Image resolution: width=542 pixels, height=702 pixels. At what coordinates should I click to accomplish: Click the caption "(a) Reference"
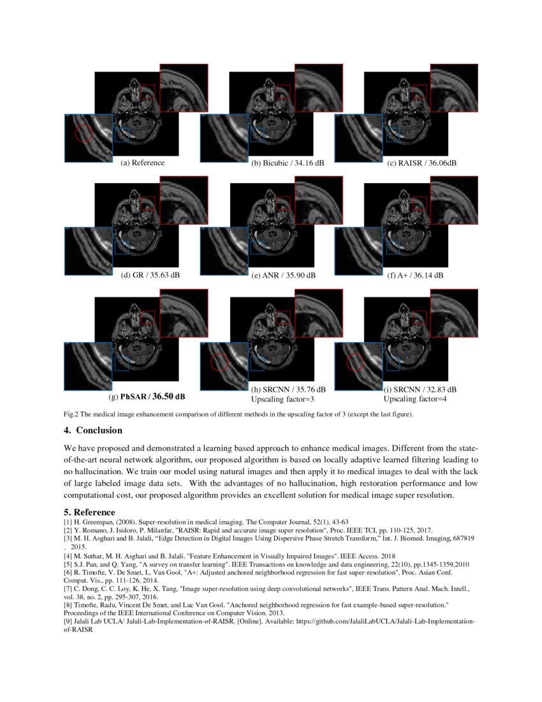coord(143,163)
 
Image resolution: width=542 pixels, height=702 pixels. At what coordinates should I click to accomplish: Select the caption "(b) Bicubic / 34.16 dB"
coord(288,163)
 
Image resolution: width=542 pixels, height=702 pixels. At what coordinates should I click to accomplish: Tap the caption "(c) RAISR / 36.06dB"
coord(422,163)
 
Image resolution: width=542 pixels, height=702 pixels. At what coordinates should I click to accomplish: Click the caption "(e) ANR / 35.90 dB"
coord(284,276)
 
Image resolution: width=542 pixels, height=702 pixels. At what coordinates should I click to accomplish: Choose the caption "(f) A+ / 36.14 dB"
coord(415,276)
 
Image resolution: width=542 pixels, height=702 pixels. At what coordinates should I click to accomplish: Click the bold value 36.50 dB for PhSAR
coord(169,396)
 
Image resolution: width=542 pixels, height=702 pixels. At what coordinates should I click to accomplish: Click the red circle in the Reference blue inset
coord(83,133)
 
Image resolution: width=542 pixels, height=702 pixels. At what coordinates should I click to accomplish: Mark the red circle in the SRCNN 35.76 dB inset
coord(219,362)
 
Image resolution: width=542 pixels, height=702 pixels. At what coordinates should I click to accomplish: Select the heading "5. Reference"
coord(89,512)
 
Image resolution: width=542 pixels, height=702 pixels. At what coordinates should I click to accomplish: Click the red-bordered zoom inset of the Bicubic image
coord(318,86)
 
